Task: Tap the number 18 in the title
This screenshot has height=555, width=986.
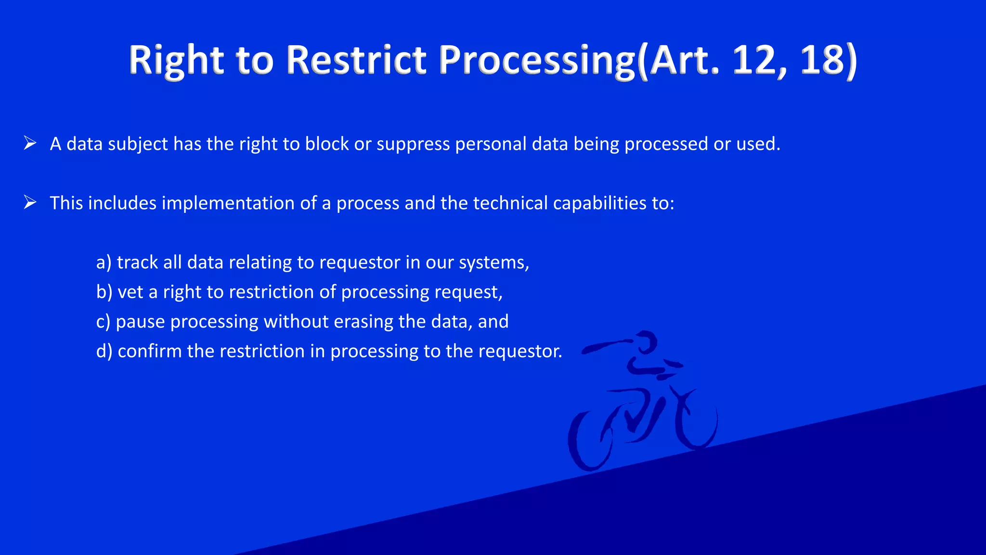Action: point(821,60)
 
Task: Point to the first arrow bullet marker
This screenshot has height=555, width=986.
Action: point(30,143)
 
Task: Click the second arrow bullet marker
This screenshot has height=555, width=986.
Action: point(30,202)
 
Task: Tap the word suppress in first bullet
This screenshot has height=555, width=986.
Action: point(413,144)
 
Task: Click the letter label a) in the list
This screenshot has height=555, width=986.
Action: point(104,263)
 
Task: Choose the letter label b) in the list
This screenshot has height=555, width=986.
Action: point(104,292)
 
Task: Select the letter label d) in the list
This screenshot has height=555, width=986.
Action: point(104,351)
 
